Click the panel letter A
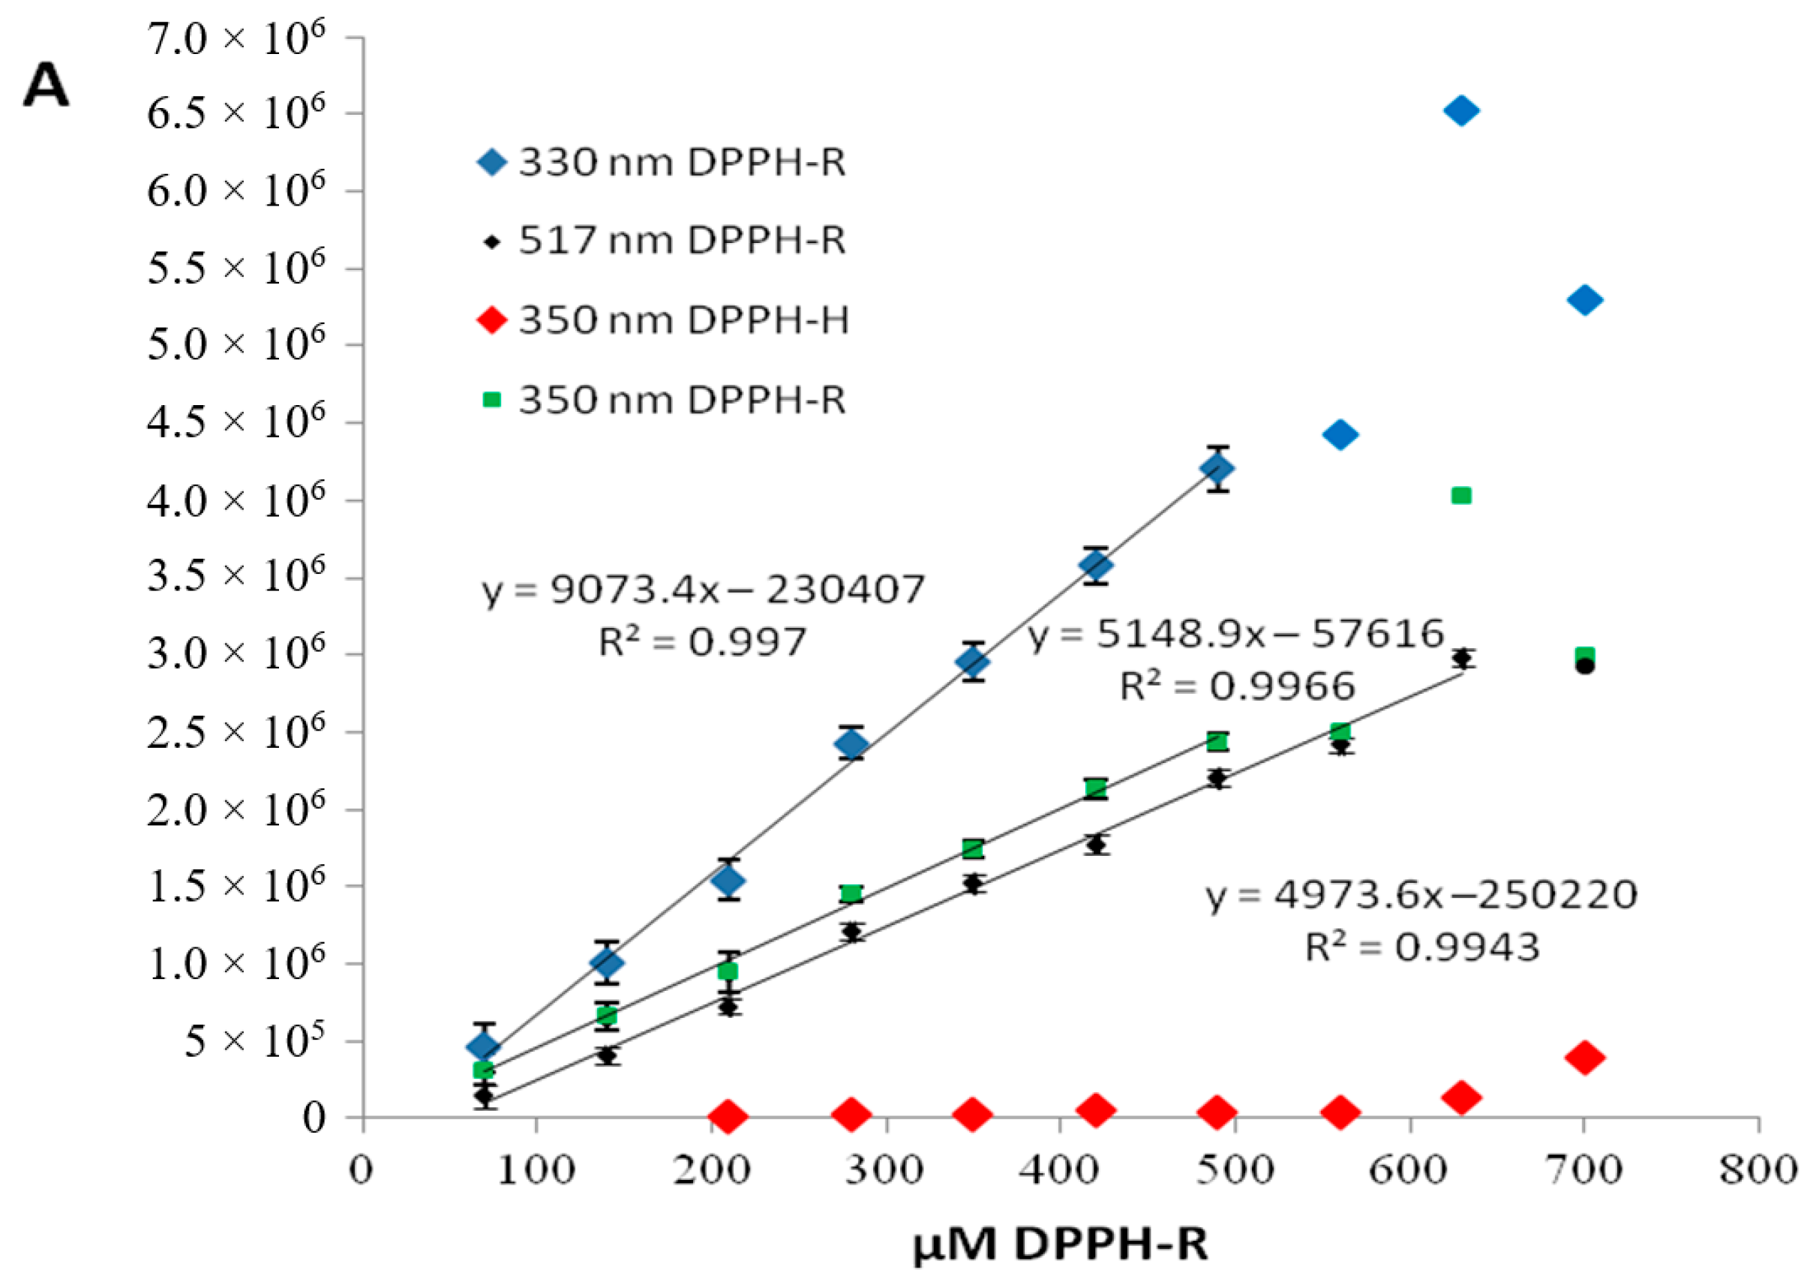pyautogui.click(x=46, y=86)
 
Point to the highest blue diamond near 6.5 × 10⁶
pyautogui.click(x=1460, y=111)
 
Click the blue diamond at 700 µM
pyautogui.click(x=1584, y=300)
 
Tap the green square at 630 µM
pyautogui.click(x=1460, y=496)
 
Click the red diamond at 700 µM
pyautogui.click(x=1584, y=1057)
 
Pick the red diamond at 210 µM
pyautogui.click(x=727, y=1116)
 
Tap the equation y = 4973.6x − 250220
pyautogui.click(x=1421, y=896)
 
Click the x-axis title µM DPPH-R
pyautogui.click(x=1060, y=1244)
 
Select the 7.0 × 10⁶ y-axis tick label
pyautogui.click(x=236, y=40)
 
